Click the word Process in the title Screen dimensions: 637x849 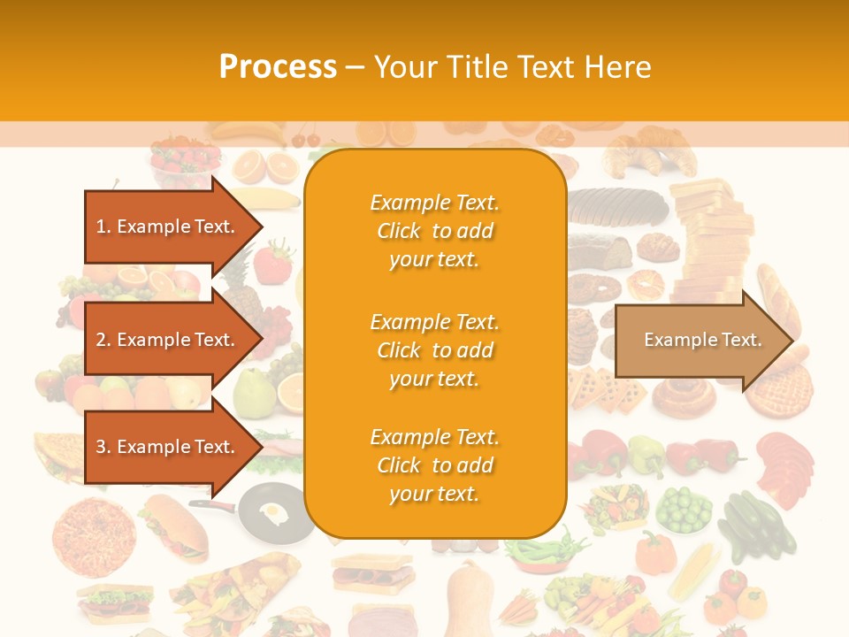278,67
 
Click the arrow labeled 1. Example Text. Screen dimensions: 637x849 168,226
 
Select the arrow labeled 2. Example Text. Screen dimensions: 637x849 168,340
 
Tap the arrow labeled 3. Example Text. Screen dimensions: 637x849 168,447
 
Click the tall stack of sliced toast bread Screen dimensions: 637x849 707,239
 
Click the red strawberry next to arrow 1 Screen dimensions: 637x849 274,262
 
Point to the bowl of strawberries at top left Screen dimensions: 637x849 184,160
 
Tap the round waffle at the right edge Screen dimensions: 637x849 780,389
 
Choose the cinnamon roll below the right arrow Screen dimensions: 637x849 682,395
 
